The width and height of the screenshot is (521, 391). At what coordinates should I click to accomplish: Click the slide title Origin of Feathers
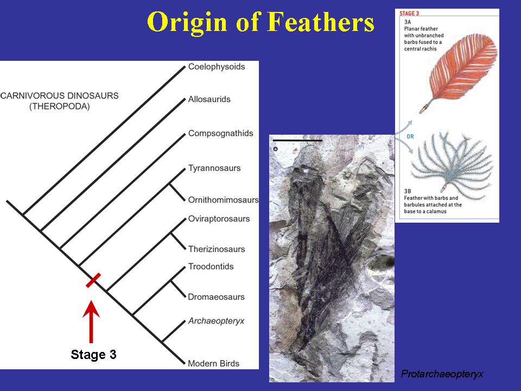point(260,23)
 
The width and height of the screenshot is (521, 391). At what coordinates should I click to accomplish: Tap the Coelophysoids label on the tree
point(217,67)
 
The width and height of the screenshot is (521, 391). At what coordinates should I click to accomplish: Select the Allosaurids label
point(209,99)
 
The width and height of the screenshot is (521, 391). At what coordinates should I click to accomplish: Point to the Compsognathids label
point(220,133)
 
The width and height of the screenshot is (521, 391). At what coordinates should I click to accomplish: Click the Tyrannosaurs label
point(214,168)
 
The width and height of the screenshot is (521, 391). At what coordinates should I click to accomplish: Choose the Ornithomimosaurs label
point(223,200)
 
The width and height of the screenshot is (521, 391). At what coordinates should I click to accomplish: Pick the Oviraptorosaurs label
point(219,219)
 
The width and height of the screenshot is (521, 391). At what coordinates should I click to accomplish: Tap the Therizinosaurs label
point(217,249)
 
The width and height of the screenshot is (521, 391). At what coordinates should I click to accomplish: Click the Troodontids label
point(211,267)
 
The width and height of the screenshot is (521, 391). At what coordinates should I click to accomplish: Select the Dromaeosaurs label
point(216,297)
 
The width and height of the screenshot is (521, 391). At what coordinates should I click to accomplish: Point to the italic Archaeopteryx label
point(216,321)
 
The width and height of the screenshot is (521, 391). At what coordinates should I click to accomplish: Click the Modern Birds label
point(213,363)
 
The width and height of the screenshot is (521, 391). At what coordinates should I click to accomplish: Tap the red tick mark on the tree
point(93,280)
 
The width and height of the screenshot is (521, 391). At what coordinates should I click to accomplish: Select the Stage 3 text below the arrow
point(93,355)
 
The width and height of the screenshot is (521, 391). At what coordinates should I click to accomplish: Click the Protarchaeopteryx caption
point(442,374)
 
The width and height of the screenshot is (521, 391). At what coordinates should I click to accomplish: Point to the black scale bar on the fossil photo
point(297,140)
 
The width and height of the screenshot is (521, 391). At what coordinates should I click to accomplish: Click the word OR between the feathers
point(410,136)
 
